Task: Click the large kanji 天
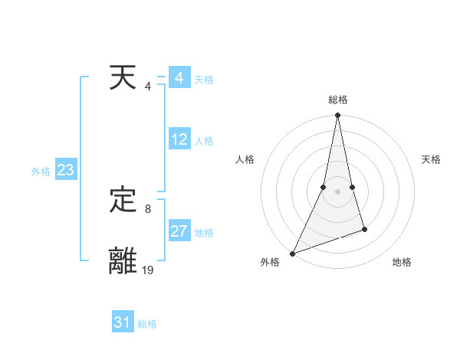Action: pyautogui.click(x=123, y=78)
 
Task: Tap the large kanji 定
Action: pyautogui.click(x=123, y=201)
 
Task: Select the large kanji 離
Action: pyautogui.click(x=123, y=260)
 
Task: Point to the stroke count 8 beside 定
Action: pyautogui.click(x=148, y=208)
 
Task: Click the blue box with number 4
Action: pyautogui.click(x=179, y=78)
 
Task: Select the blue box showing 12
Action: pyautogui.click(x=179, y=139)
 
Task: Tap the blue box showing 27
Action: pyautogui.click(x=179, y=231)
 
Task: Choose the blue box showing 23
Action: pyautogui.click(x=65, y=170)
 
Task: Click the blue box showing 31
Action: pyautogui.click(x=123, y=322)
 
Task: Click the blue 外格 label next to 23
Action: pyautogui.click(x=41, y=172)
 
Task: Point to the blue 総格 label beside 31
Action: pyautogui.click(x=147, y=324)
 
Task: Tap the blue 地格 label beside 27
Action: pyautogui.click(x=204, y=233)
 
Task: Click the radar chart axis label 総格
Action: pyautogui.click(x=338, y=100)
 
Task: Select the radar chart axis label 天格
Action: pyautogui.click(x=432, y=159)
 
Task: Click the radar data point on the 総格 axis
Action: pyautogui.click(x=338, y=116)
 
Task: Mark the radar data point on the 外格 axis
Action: pyautogui.click(x=292, y=254)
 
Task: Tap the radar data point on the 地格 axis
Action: pyautogui.click(x=365, y=229)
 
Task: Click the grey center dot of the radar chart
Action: pyautogui.click(x=338, y=191)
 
